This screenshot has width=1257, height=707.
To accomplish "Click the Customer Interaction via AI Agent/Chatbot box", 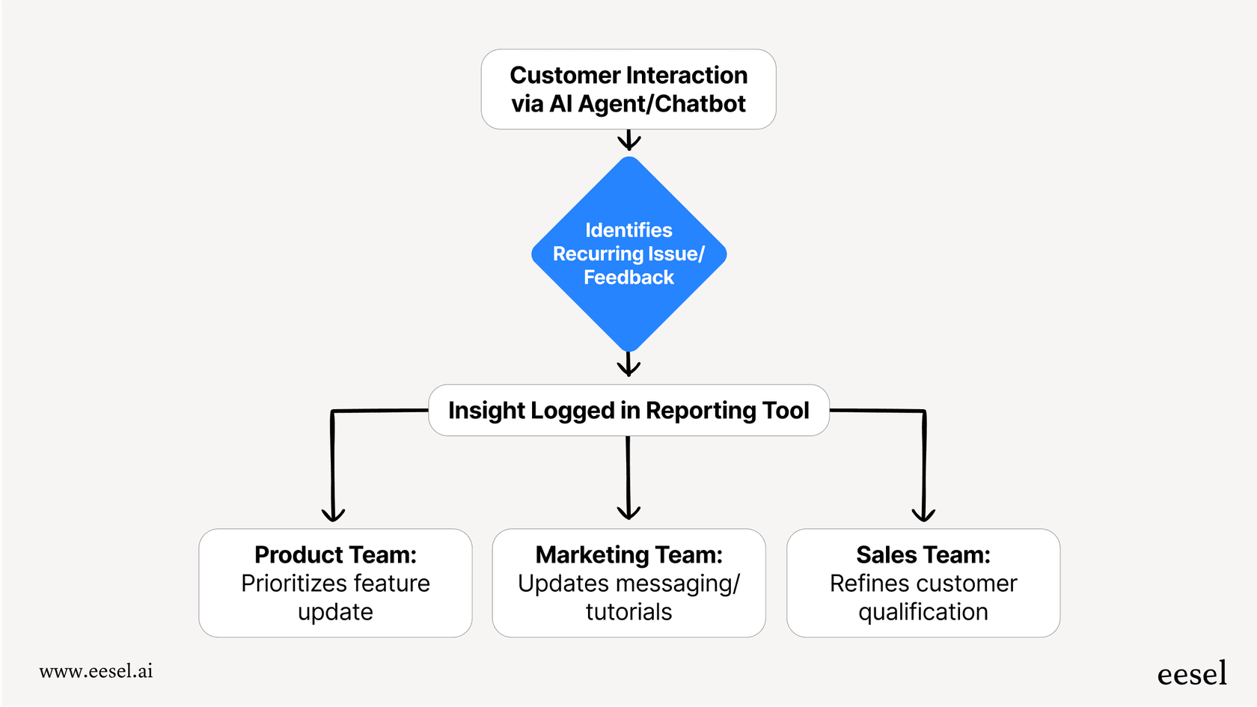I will point(628,89).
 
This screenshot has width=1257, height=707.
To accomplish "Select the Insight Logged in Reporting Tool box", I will point(628,411).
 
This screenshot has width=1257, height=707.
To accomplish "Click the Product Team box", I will point(335,583).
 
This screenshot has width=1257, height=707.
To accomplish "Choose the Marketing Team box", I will point(628,583).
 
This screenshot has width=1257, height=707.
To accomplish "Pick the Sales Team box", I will point(923,583).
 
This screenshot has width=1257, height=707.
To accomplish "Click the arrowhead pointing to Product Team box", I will point(333,515).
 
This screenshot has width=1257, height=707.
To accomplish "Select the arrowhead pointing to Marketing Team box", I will point(628,513).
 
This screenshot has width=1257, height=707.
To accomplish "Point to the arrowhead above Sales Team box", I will point(923,515).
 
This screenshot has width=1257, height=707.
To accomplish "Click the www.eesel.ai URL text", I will point(96,671).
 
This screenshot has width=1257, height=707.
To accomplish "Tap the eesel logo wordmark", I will point(1191,674).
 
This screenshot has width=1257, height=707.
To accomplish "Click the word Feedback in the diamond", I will point(628,278).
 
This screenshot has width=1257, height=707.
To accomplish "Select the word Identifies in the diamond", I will point(628,230).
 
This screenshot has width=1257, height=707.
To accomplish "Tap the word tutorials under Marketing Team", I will point(628,612).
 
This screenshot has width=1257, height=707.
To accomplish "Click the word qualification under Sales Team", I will point(923,612).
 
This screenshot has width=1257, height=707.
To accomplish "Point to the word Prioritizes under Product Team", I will point(294,584).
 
